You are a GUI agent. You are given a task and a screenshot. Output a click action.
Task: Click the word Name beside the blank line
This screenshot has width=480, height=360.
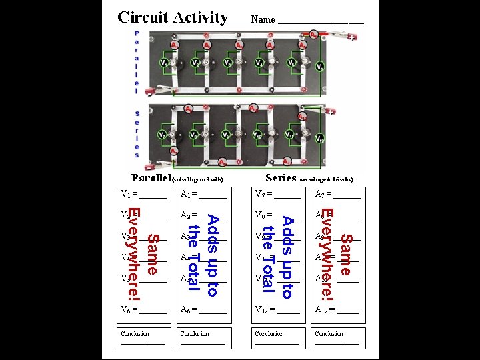coord(263,19)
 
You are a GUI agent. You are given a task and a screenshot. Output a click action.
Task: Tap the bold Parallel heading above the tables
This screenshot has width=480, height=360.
coord(151,177)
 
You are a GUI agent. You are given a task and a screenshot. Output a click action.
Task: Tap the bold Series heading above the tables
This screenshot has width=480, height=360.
coord(280,177)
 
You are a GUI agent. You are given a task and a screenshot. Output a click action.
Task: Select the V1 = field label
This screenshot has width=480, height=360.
coord(128,194)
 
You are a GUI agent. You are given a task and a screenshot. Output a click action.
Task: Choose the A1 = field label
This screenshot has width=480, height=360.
coord(188,194)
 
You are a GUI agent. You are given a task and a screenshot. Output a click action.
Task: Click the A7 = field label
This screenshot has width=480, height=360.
coord(323,194)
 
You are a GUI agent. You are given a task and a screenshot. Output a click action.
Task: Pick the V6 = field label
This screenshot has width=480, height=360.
coord(128,309)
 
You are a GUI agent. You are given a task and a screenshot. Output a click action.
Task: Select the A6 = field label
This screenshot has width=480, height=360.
coord(188,309)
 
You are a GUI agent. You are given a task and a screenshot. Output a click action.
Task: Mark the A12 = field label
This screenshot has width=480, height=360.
coord(325,309)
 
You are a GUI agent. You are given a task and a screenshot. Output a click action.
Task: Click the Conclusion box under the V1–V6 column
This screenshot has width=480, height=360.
coord(143,338)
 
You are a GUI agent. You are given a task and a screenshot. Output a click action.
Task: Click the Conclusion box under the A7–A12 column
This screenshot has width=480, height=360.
coord(337,338)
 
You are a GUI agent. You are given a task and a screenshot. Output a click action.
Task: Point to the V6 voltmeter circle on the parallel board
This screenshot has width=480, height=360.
coord(321,67)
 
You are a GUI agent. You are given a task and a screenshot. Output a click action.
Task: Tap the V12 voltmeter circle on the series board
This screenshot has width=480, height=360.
coord(321,139)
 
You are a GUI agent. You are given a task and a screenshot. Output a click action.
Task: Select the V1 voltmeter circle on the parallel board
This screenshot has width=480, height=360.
coord(163,63)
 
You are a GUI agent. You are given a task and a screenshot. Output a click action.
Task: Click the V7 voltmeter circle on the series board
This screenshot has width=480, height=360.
coord(163,135)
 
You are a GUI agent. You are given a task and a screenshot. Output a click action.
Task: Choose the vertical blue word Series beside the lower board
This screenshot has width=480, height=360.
coord(137,133)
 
